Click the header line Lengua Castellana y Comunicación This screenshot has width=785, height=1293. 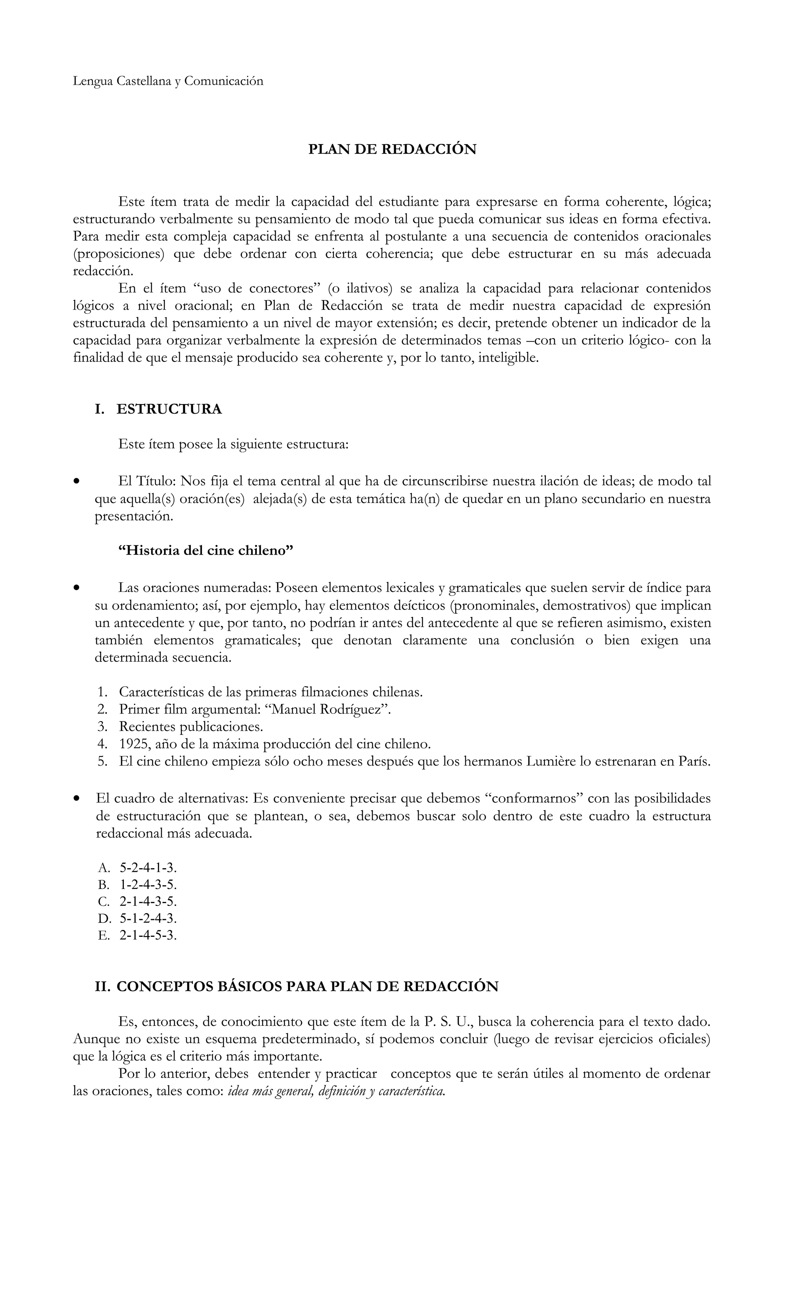(168, 81)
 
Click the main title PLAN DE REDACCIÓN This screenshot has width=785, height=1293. (392, 150)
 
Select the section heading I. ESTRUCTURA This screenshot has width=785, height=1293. (158, 409)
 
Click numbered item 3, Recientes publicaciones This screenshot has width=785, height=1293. (191, 727)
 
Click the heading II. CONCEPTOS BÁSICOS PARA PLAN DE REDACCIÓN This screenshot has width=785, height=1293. (296, 987)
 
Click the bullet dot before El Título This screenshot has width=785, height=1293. (77, 481)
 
